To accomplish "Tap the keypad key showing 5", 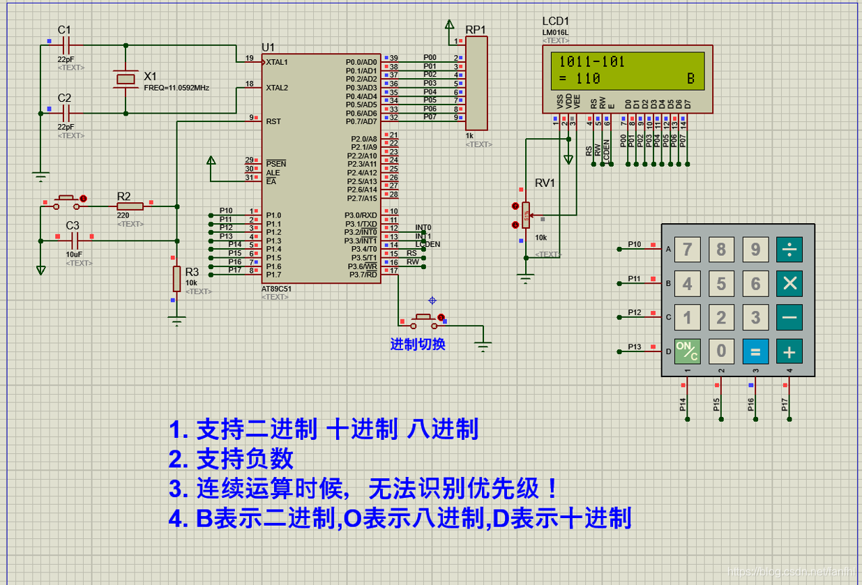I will [721, 284].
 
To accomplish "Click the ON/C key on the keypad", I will [687, 351].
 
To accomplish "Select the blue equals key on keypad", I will [755, 351].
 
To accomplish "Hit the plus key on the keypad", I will [789, 351].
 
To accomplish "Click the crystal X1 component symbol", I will [126, 79].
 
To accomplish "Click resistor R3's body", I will [177, 278].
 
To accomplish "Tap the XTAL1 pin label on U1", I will [277, 62].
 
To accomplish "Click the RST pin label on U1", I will [273, 121].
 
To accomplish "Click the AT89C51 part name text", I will [276, 289].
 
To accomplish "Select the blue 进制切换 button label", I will [417, 344].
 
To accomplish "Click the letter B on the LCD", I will [691, 79].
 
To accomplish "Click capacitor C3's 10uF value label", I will [74, 254].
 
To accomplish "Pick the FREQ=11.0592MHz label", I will [176, 89].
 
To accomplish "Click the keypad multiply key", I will [789, 284].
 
